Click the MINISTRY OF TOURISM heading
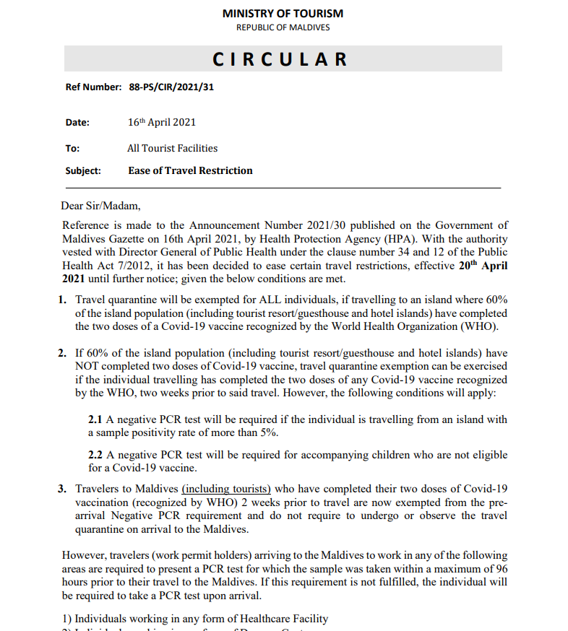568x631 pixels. pos(283,13)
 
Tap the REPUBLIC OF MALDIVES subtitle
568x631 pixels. pos(283,27)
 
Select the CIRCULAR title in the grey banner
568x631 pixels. pos(280,59)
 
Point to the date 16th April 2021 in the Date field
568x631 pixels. pos(162,122)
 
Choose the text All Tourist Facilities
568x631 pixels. pos(172,148)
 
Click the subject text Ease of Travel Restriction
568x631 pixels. pos(190,171)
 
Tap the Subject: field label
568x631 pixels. pos(83,171)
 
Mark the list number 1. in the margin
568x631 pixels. pos(63,299)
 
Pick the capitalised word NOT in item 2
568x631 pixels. pos(88,367)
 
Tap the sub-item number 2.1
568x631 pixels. pos(95,419)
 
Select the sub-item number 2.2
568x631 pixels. pos(95,455)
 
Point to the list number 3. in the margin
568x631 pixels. pos(63,489)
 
